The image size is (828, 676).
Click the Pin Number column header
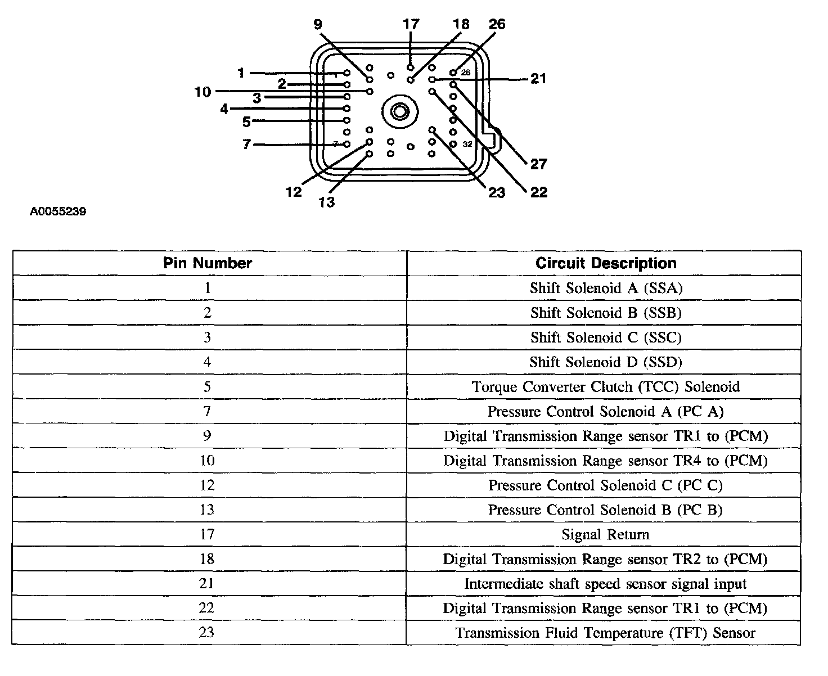tap(208, 263)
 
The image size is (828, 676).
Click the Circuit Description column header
tap(605, 263)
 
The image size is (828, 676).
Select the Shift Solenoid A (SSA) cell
tap(605, 288)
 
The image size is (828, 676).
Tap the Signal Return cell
tap(605, 534)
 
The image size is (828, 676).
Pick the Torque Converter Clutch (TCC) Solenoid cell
tap(605, 387)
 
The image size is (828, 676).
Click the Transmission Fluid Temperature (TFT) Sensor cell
tap(605, 633)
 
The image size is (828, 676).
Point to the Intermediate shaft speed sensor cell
tap(605, 584)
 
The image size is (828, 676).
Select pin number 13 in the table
tap(208, 510)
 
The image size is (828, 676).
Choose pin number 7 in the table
tap(208, 411)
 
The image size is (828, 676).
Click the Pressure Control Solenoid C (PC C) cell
tap(605, 485)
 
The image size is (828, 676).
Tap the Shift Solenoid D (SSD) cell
tap(605, 362)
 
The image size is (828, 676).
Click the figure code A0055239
tap(58, 212)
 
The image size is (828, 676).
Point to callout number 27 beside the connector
tap(538, 164)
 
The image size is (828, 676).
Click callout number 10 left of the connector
tap(203, 92)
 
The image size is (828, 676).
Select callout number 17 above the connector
tap(411, 24)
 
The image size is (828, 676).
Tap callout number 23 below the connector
tap(497, 193)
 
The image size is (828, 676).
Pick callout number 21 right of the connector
tap(538, 79)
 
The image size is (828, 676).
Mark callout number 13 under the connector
tap(326, 202)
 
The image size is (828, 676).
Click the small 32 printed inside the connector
tap(467, 144)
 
